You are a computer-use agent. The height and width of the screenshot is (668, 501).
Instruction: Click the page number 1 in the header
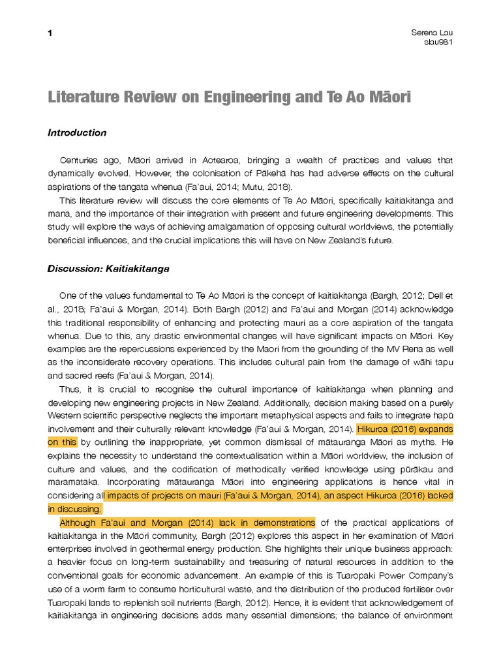(x=50, y=33)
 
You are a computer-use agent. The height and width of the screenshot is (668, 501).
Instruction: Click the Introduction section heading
(x=77, y=132)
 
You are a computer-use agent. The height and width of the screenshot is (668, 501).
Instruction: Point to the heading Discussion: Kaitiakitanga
(x=108, y=269)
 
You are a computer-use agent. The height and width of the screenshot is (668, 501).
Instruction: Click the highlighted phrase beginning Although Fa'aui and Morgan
(x=187, y=523)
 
